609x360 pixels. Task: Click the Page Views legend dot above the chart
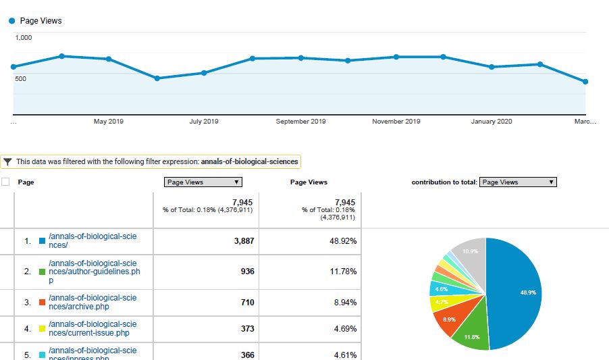click(11, 21)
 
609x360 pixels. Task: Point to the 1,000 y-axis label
click(24, 38)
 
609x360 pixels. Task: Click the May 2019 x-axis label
click(108, 122)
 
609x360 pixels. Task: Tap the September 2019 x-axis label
click(301, 122)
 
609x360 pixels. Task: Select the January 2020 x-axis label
click(491, 122)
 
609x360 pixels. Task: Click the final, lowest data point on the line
click(585, 82)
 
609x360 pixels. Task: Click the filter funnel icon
click(7, 162)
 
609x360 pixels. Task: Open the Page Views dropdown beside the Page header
click(203, 182)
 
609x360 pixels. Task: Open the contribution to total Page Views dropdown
click(518, 182)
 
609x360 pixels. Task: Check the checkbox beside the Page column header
click(6, 182)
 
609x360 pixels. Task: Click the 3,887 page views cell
click(244, 241)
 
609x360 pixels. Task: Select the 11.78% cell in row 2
click(343, 272)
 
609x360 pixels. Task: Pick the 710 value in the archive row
click(247, 303)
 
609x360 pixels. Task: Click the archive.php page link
click(93, 302)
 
